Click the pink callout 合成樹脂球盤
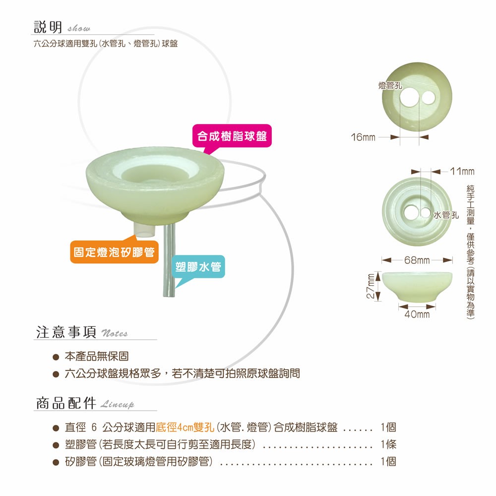coord(232,136)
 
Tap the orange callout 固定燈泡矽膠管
coord(114,252)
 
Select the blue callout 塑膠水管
coord(198,267)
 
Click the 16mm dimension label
coord(363,137)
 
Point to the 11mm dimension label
coord(462,172)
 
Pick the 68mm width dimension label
coord(417,260)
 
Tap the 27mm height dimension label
coord(371,286)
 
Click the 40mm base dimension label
coord(417,314)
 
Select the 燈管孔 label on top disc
coord(390,85)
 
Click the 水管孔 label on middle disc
coord(446,215)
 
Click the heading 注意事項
coord(66,332)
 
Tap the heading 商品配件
coord(66,403)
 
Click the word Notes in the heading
coord(115,333)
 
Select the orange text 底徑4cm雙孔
coord(185,428)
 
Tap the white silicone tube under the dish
coord(145,230)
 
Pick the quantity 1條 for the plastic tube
coord(388,444)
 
